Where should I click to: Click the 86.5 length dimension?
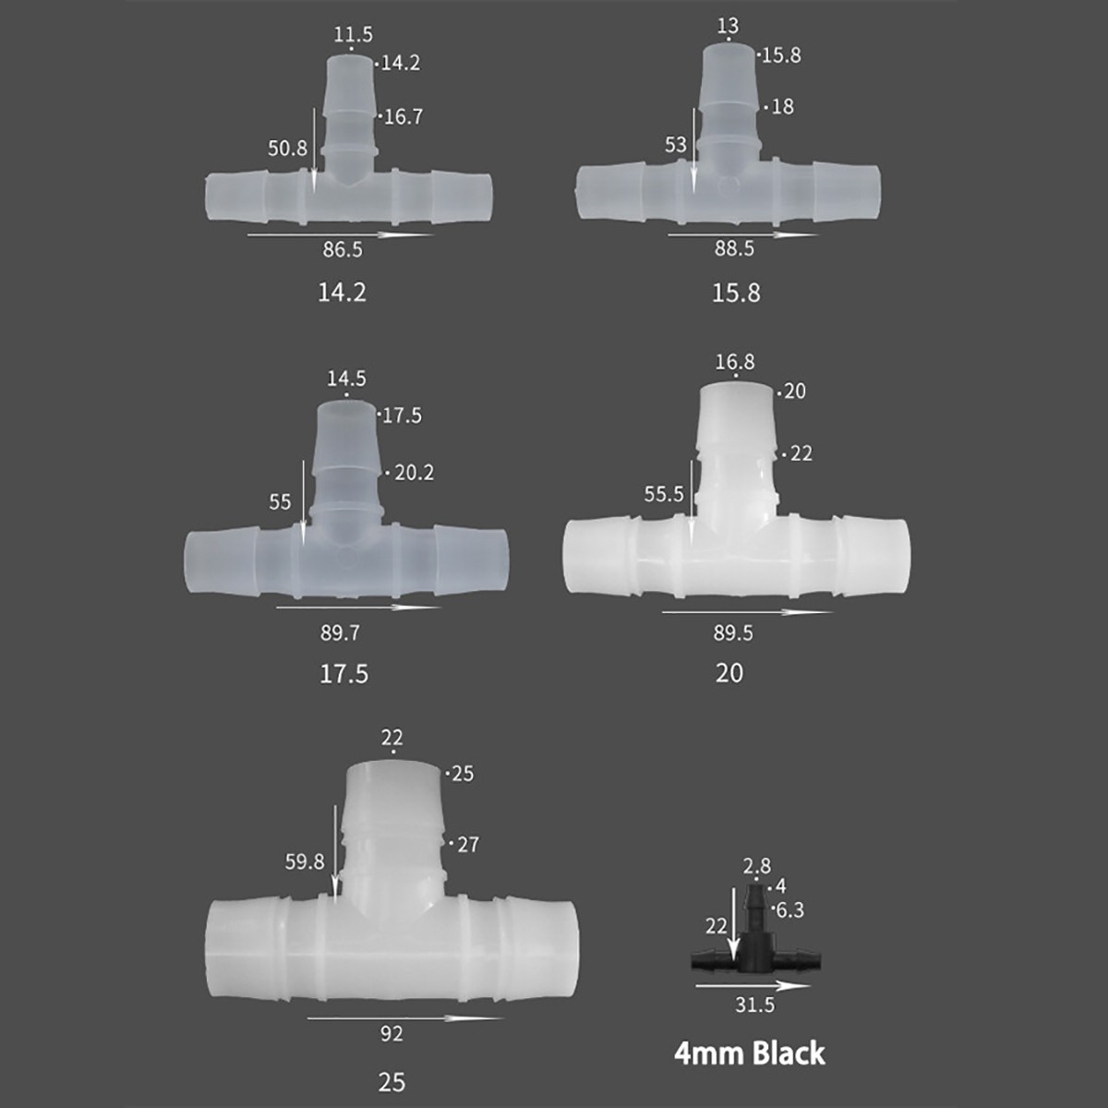coord(343,250)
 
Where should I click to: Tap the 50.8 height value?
coord(287,149)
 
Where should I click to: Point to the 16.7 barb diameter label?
coord(403,117)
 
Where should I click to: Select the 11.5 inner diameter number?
coord(353,34)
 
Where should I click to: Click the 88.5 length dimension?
coord(734,249)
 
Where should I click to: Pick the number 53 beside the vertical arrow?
coord(676,145)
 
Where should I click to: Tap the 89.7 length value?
coord(340,633)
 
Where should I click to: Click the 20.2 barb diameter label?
coord(414,474)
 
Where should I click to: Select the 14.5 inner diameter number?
coord(346,379)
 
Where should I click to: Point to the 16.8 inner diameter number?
coord(735,362)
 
